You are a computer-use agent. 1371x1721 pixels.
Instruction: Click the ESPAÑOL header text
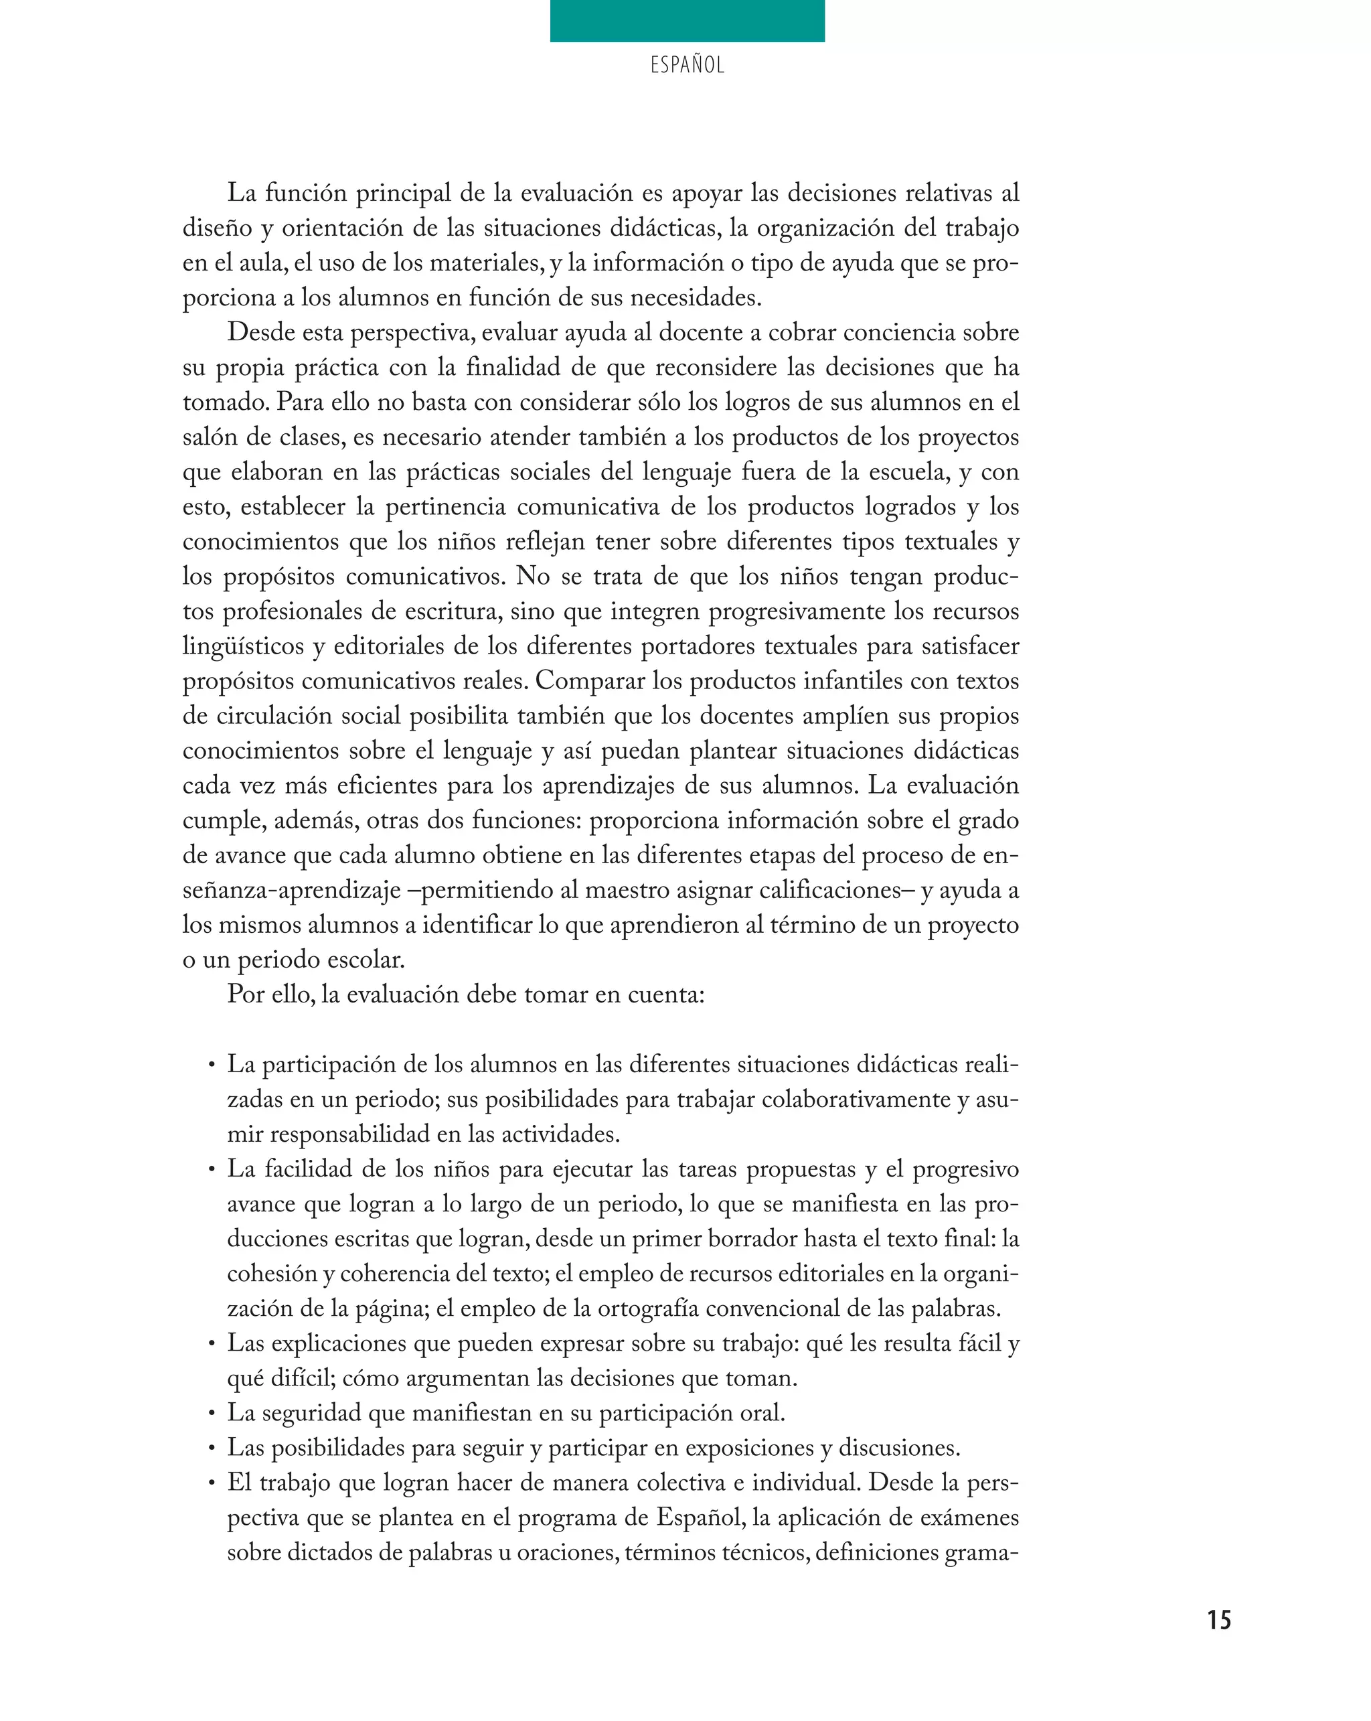tap(687, 66)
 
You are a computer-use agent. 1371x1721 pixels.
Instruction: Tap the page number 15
tap(1218, 1620)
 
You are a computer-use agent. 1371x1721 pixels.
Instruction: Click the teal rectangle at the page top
tap(687, 21)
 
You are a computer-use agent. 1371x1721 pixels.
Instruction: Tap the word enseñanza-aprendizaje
tap(291, 890)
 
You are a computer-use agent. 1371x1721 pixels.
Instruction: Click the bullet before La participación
tap(212, 1065)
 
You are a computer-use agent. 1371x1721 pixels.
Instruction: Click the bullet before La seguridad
tap(212, 1414)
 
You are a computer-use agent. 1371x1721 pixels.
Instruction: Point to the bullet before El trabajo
tap(212, 1484)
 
